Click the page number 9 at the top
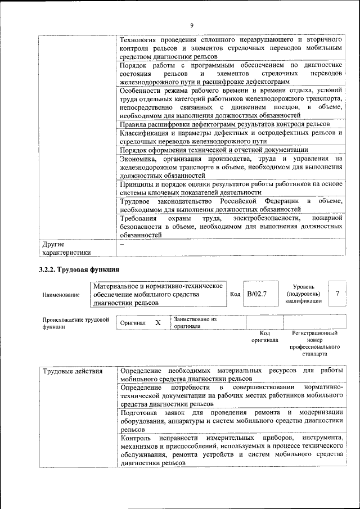(191, 26)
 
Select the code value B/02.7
(256, 294)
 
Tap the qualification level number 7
(337, 294)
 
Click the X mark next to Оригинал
(158, 323)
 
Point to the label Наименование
(61, 294)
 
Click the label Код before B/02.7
(235, 294)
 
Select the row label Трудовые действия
(73, 371)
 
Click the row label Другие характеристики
(67, 249)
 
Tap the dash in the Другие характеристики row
(122, 245)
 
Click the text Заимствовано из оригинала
(195, 322)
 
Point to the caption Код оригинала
(264, 336)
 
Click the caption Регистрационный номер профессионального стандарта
(313, 344)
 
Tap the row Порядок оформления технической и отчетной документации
(214, 150)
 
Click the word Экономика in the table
(137, 159)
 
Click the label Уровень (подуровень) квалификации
(303, 294)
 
